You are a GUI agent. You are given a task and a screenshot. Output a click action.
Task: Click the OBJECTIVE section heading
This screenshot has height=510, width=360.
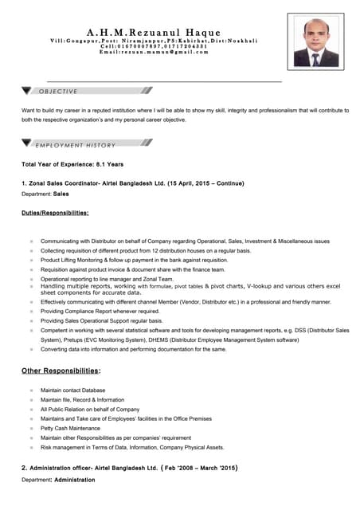(x=59, y=92)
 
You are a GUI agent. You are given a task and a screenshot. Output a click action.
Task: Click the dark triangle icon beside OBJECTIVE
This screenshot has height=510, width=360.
(x=28, y=91)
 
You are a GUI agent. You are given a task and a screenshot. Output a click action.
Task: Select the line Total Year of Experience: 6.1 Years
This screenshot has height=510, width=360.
(x=72, y=164)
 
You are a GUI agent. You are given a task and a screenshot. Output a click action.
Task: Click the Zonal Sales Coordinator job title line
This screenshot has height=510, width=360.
(x=132, y=183)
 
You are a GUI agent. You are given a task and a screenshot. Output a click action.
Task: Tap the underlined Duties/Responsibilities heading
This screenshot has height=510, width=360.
(x=55, y=213)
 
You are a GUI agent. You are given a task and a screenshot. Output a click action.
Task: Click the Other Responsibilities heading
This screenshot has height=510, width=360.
(x=61, y=371)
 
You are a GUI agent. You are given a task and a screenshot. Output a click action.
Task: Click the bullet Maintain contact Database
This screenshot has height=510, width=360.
(x=72, y=390)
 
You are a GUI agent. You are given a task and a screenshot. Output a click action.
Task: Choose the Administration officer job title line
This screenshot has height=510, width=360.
(x=129, y=468)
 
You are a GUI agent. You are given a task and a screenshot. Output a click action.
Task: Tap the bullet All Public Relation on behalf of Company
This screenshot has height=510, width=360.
(x=90, y=409)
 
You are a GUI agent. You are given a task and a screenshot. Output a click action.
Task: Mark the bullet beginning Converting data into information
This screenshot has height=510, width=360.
(x=133, y=348)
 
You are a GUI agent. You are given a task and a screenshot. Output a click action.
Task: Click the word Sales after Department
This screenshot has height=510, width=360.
(x=61, y=194)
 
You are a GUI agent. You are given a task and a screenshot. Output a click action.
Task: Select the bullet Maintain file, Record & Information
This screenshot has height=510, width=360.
(x=82, y=399)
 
